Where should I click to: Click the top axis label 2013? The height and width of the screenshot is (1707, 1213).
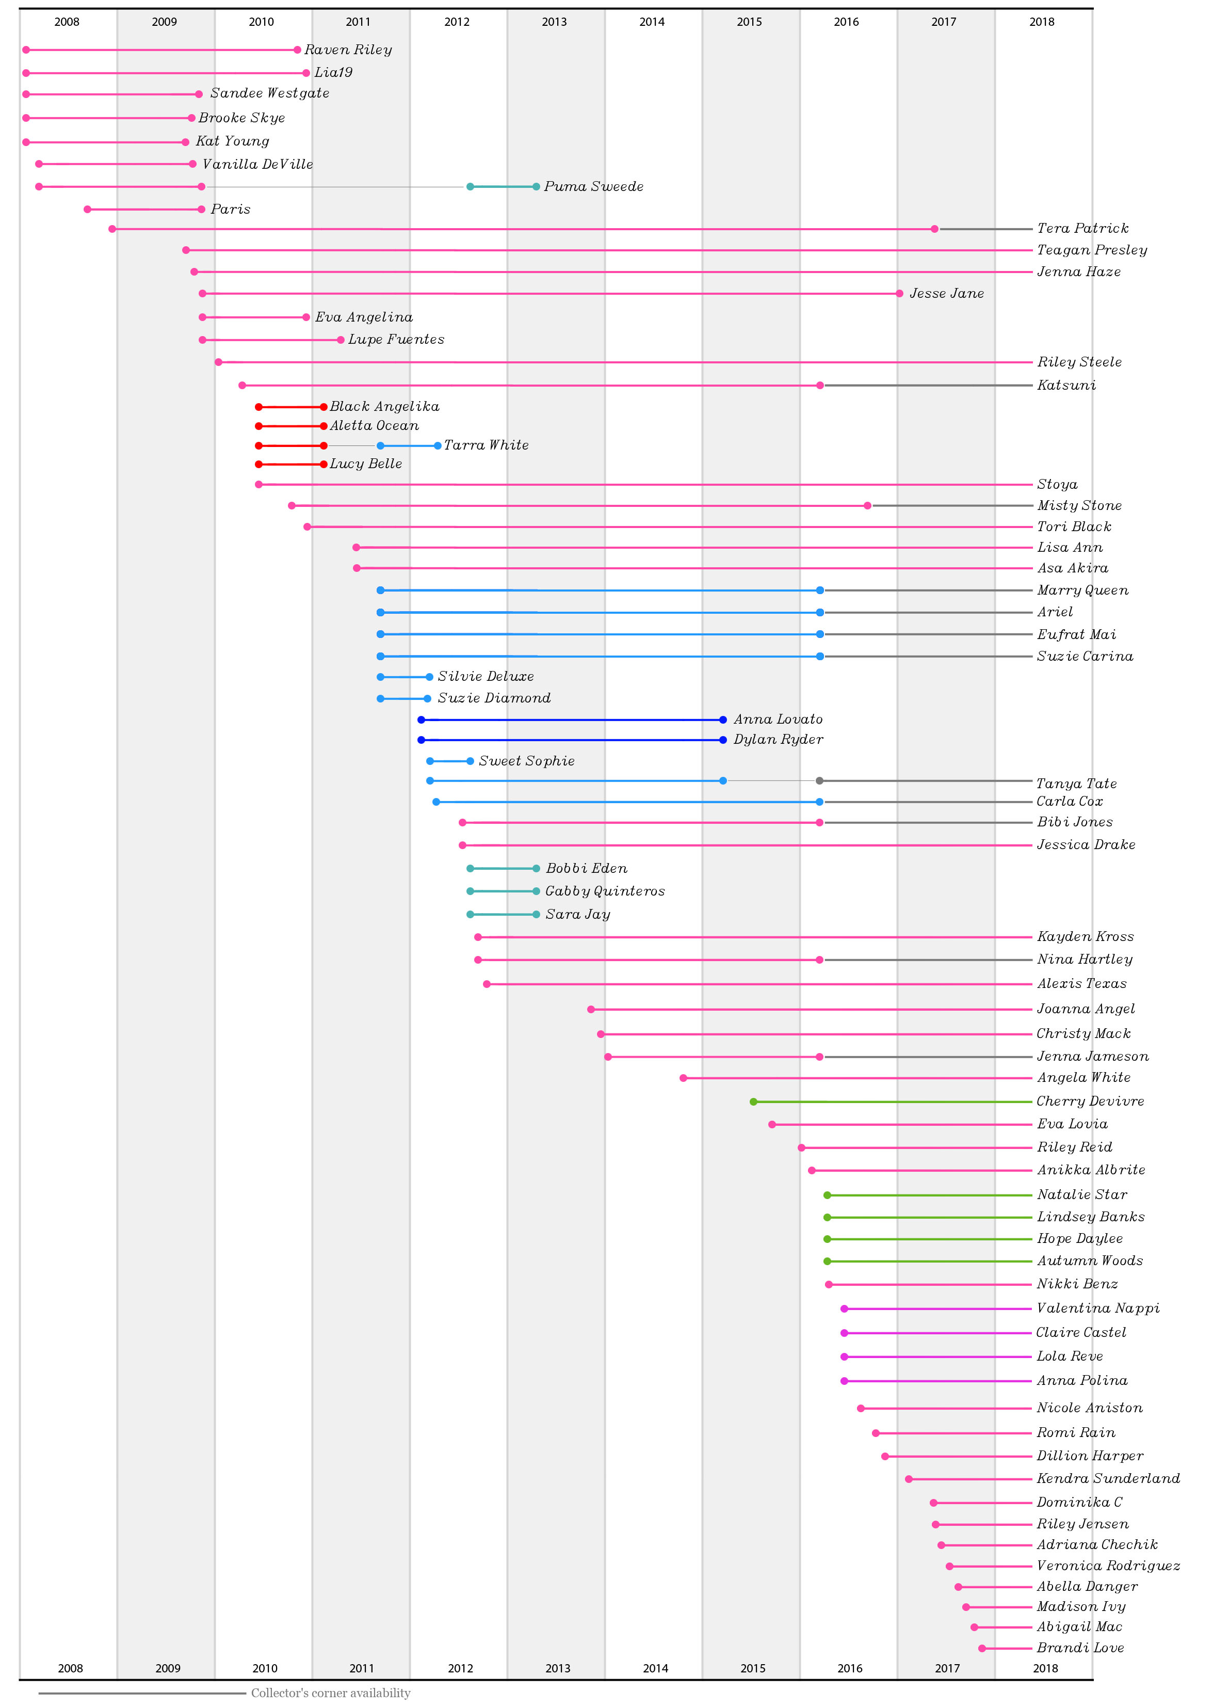(554, 22)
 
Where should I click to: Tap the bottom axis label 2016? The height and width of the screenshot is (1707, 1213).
(849, 1668)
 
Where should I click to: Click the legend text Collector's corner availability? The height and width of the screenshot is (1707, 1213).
(330, 1693)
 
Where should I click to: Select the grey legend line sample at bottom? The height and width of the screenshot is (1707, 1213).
(142, 1694)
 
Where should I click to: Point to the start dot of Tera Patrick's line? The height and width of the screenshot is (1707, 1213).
(112, 229)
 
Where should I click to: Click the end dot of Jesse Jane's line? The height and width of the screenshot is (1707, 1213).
(899, 294)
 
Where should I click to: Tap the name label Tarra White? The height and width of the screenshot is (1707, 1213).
(486, 445)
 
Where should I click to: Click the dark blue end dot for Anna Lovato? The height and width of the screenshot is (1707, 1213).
(722, 720)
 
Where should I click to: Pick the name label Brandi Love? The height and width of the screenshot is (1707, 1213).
(1079, 1648)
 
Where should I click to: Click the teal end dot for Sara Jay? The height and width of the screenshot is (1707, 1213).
(536, 914)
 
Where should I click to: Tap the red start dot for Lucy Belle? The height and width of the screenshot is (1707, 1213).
(258, 464)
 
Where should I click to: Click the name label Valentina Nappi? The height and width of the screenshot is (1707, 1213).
(1097, 1308)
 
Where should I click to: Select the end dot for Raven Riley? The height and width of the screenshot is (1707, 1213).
(297, 50)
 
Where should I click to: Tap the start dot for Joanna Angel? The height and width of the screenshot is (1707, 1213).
(591, 1009)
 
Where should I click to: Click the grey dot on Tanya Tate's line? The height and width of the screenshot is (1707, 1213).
(819, 780)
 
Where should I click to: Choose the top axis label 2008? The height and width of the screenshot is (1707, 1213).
(67, 22)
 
